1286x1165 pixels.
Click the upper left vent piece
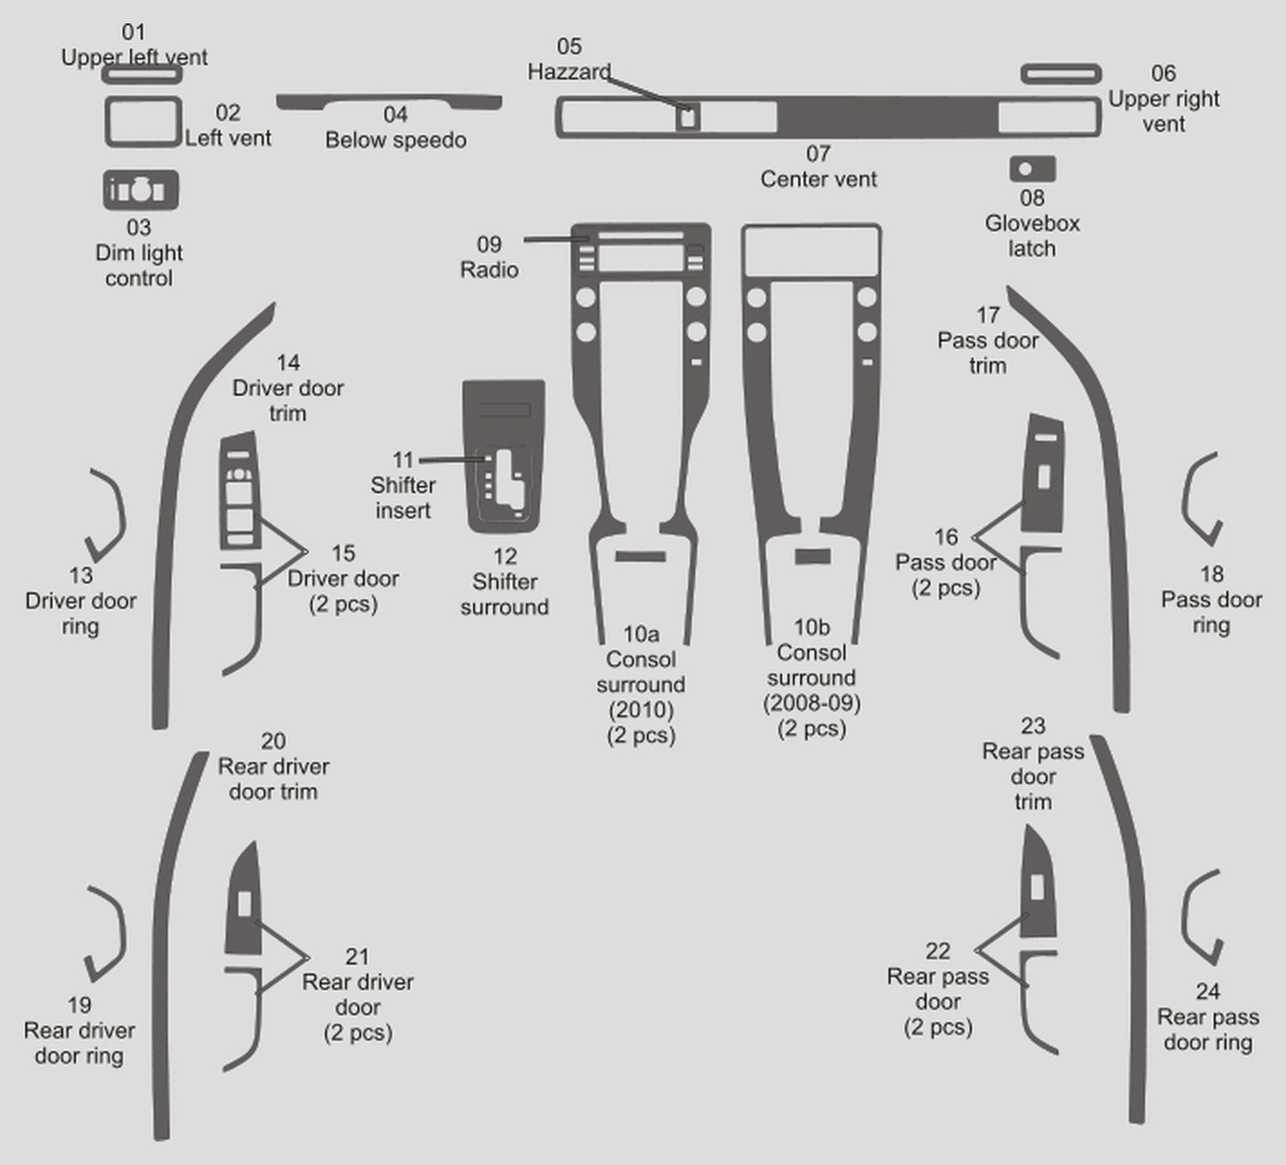[142, 75]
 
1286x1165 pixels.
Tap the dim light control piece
[141, 190]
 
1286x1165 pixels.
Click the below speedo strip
[389, 101]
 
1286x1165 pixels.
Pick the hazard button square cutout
[687, 117]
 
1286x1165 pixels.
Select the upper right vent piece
[1061, 73]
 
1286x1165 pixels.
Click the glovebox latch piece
[1032, 169]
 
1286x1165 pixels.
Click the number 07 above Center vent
[818, 154]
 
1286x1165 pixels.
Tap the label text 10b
[811, 627]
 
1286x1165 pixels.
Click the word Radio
[489, 270]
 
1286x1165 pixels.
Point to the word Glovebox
[1031, 223]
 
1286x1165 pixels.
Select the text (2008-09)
[811, 703]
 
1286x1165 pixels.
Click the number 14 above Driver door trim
[287, 362]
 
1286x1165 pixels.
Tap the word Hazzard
[569, 71]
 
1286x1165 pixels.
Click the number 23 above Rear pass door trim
[1032, 726]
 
